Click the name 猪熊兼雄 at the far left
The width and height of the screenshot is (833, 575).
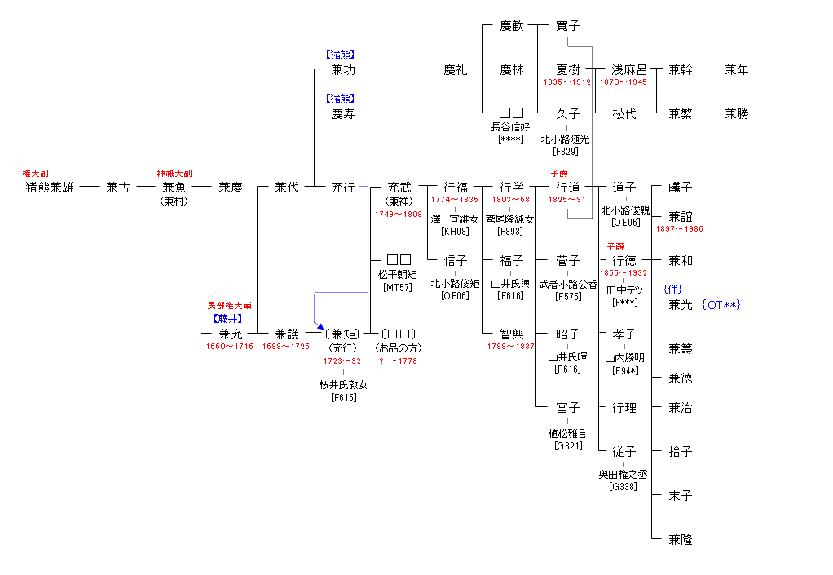pos(50,188)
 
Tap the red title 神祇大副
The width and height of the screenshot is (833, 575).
pos(174,174)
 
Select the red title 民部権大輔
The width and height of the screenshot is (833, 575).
pos(230,305)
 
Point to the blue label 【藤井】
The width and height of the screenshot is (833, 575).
pos(230,319)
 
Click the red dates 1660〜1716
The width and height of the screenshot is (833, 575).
pos(230,347)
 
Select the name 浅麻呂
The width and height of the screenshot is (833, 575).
pos(629,70)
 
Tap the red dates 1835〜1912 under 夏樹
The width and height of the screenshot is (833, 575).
pos(567,82)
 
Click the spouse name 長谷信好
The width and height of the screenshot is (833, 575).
pos(511,126)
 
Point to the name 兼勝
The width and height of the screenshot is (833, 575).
pos(736,114)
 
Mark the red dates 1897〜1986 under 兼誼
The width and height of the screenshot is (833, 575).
pos(679,229)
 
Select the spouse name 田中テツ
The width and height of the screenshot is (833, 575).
pos(624,290)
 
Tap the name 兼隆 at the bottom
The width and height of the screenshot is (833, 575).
pos(680,540)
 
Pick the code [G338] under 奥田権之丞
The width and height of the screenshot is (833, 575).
pos(624,487)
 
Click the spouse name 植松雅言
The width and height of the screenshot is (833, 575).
pos(567,434)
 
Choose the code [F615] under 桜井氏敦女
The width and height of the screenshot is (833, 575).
pos(343,397)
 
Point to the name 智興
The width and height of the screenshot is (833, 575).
pos(512,334)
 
